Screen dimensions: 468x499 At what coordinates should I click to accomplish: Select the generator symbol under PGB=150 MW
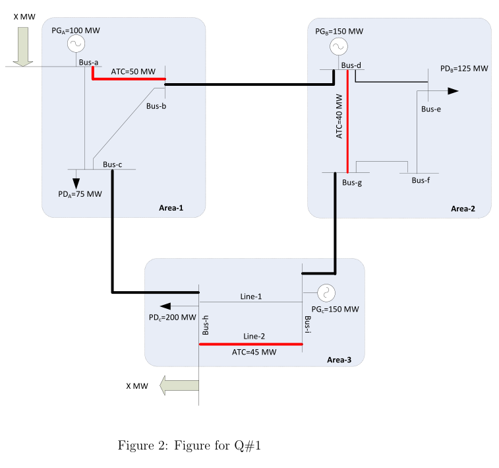338,48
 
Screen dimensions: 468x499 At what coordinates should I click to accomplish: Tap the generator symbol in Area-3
326,292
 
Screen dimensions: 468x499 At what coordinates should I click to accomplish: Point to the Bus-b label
156,106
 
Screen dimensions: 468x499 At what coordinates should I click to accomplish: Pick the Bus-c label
112,164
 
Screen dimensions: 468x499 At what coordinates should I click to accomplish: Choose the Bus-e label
431,109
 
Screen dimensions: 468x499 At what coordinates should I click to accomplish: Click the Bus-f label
421,180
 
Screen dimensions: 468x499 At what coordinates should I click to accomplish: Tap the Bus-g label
352,183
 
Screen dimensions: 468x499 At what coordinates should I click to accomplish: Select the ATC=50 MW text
133,71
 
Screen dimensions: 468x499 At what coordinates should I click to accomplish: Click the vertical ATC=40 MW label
339,116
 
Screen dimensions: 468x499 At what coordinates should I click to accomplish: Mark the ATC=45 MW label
254,352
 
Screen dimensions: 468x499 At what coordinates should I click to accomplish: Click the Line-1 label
251,296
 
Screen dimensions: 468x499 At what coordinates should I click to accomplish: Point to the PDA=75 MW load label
80,194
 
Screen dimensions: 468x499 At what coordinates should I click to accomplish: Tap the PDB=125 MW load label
464,68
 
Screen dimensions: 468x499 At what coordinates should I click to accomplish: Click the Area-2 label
463,209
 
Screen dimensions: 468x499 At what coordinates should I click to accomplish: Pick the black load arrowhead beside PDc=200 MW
165,306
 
